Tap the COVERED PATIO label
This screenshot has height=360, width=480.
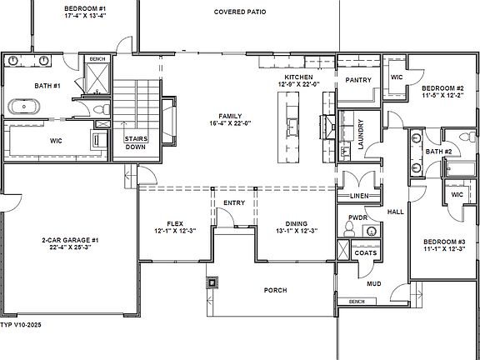pos(240,12)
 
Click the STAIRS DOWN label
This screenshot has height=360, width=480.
pos(136,144)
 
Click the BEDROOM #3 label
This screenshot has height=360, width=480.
pos(442,243)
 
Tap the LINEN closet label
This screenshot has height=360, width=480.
pos(359,196)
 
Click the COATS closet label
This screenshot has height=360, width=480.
pos(365,252)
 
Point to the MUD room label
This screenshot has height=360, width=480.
pos(375,283)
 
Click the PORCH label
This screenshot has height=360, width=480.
pos(275,290)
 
